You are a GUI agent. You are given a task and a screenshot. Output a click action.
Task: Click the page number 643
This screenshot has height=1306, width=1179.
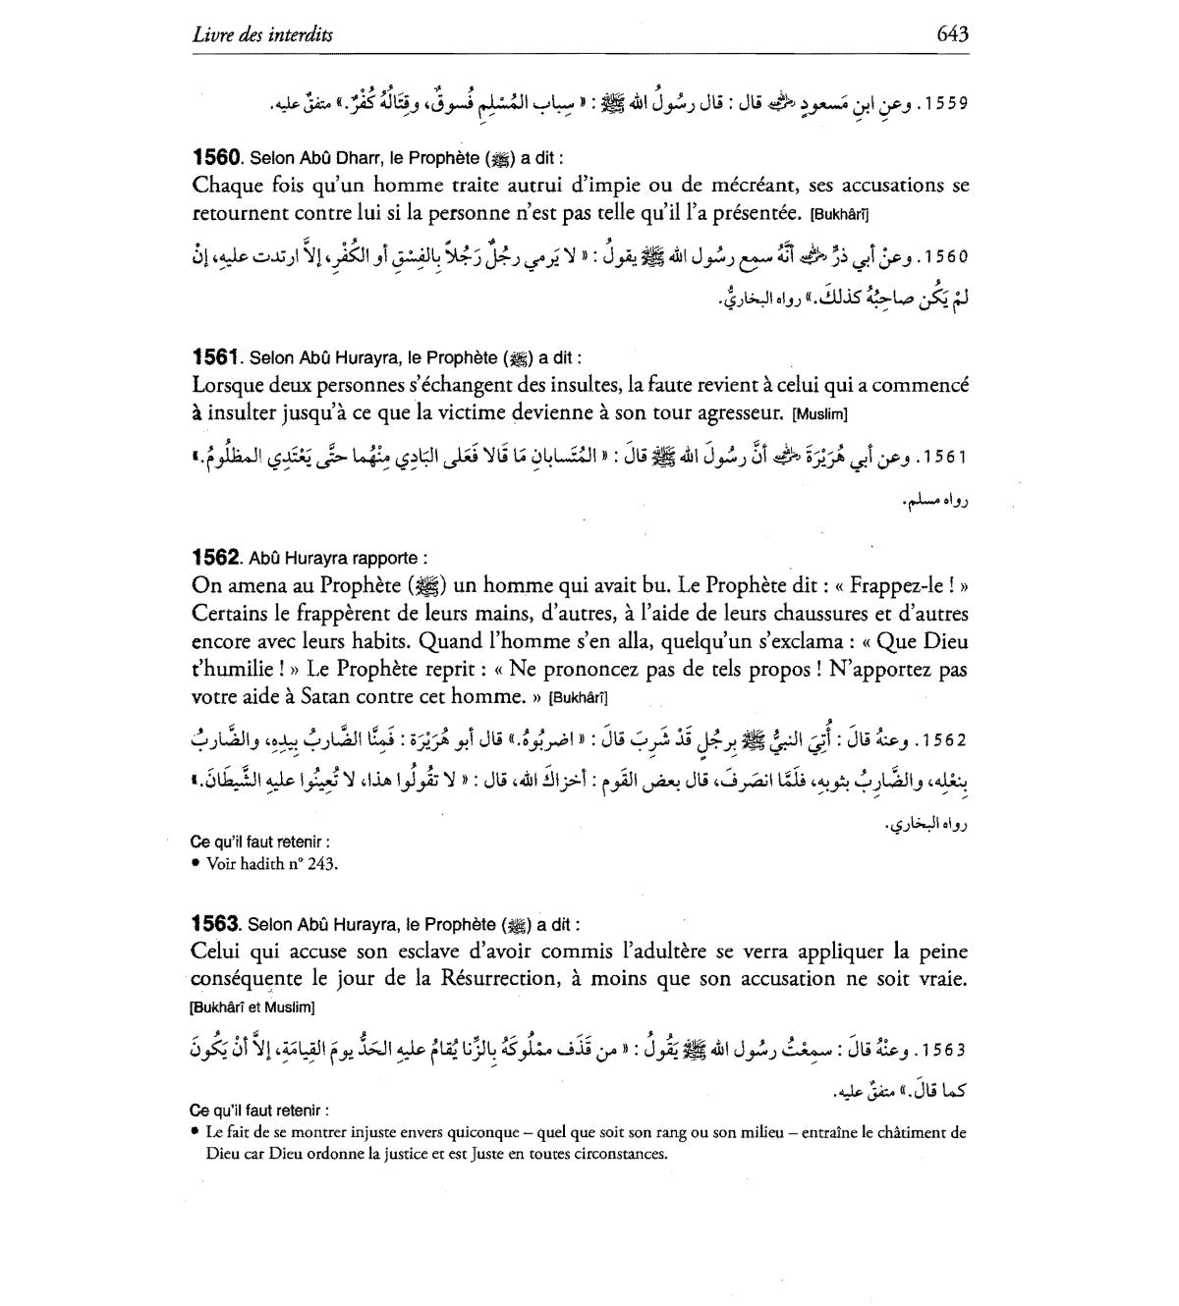(x=952, y=34)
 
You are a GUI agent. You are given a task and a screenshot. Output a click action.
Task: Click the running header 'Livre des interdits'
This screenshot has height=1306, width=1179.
(x=262, y=35)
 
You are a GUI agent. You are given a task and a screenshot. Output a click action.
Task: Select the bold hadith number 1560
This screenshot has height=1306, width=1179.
(x=216, y=157)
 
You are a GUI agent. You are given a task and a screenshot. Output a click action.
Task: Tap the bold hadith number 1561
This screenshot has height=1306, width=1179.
(x=216, y=358)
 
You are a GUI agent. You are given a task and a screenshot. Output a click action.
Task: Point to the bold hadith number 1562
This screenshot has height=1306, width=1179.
(x=216, y=558)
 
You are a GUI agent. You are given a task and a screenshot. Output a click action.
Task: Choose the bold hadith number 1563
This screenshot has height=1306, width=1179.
(x=216, y=924)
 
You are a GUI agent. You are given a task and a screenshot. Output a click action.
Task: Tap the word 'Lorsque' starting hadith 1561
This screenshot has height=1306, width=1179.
(x=227, y=386)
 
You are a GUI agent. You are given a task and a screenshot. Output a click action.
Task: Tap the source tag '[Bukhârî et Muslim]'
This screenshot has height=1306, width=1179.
(x=252, y=1007)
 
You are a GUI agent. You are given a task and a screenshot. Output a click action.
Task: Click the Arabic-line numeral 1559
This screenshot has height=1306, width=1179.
(x=947, y=103)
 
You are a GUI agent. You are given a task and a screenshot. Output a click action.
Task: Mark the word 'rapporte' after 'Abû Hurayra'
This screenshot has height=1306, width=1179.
(x=393, y=559)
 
